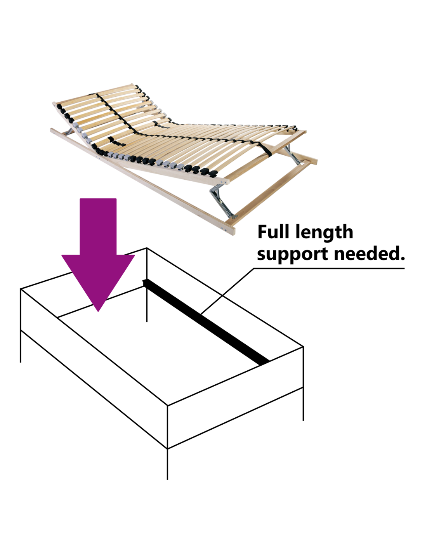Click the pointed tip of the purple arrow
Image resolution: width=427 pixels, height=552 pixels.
coord(99,310)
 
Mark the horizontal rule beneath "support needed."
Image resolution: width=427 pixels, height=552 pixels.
coord(330,268)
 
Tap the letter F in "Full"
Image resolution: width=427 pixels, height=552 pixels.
coord(263,232)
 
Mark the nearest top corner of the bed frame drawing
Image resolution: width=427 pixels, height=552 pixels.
coord(167,406)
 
